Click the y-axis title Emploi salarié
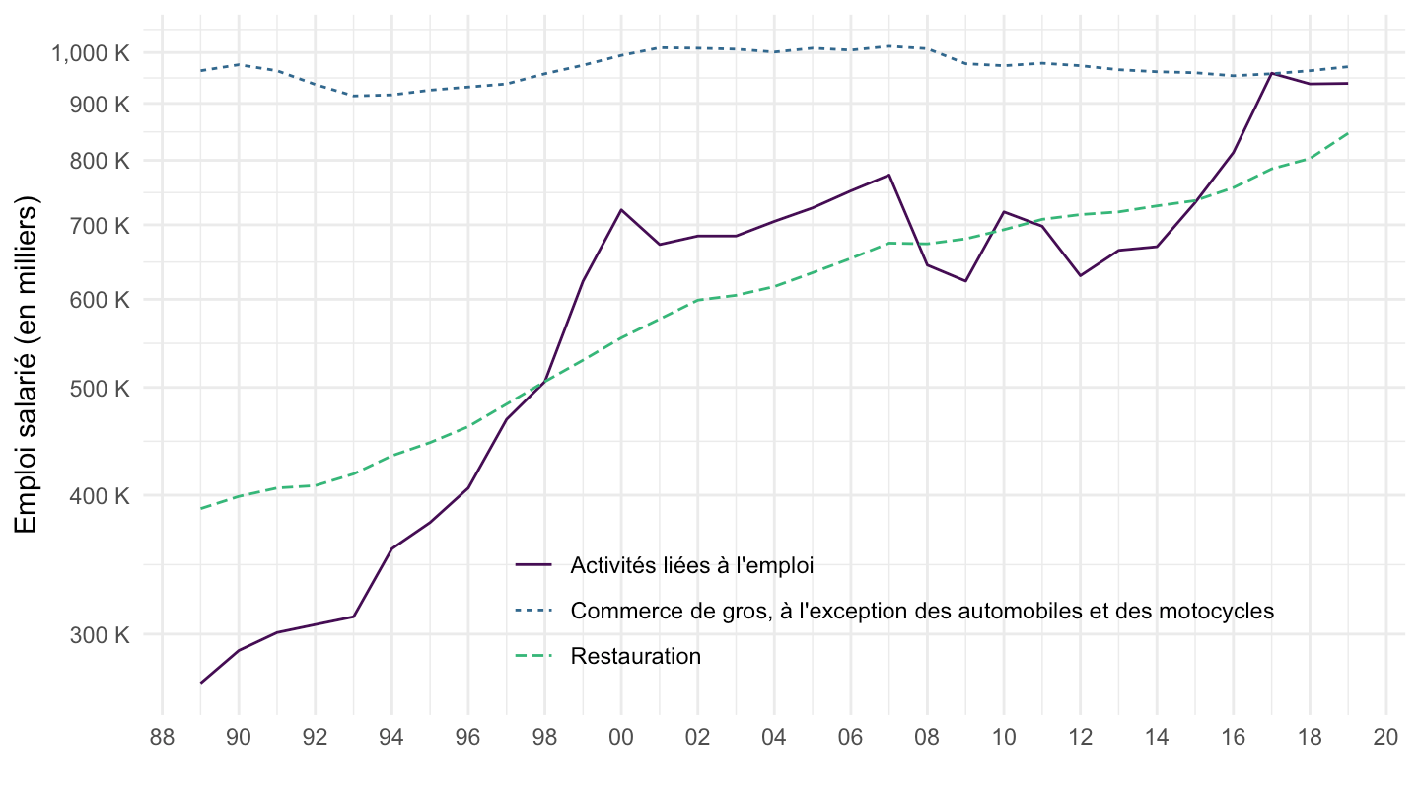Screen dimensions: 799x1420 click(x=27, y=365)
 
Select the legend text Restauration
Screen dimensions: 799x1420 click(x=635, y=657)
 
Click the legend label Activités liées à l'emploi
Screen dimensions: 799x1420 click(x=692, y=565)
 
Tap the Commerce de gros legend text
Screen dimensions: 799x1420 click(x=922, y=611)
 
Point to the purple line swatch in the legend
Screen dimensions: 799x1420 click(x=533, y=565)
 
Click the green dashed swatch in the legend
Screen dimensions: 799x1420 click(x=533, y=657)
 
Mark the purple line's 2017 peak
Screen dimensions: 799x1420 click(x=1272, y=73)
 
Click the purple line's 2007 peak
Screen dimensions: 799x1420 click(x=889, y=175)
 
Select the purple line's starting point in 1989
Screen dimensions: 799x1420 click(x=201, y=683)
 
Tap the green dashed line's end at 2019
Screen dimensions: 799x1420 click(x=1348, y=132)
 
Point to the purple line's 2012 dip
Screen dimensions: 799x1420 click(x=1080, y=275)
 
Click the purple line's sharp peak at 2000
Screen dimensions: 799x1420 click(x=621, y=209)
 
